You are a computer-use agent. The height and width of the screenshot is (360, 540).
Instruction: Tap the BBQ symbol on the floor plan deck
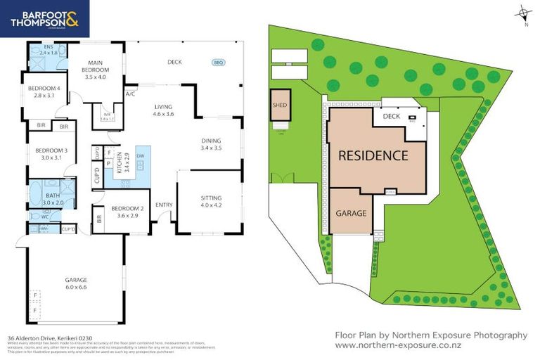(218, 63)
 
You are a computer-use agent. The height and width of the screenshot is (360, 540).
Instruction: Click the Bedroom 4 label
(44, 91)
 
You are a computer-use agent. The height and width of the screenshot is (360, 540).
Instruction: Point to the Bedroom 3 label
(51, 154)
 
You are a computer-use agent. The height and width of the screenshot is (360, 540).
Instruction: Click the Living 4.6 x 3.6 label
(163, 110)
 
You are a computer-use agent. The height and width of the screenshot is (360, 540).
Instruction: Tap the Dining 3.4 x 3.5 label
(211, 144)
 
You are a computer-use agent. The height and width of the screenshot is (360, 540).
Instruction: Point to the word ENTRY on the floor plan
(164, 205)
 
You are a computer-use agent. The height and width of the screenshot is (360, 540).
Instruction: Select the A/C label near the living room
(130, 94)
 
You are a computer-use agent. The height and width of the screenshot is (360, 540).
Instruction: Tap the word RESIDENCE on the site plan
(373, 155)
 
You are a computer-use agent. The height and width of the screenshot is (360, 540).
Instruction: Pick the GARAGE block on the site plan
(352, 212)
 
